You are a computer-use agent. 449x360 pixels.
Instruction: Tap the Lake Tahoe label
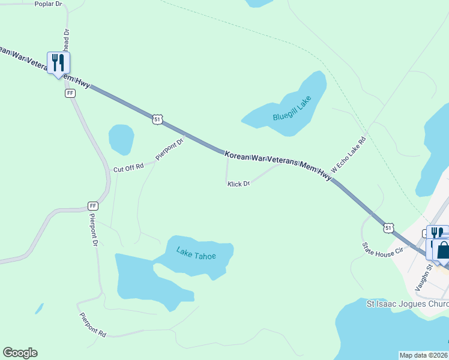[196, 253]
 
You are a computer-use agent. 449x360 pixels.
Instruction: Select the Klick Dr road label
[238, 184]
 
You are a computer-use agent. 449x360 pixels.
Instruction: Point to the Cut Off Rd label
[128, 168]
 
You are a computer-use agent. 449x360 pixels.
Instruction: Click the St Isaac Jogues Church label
[408, 304]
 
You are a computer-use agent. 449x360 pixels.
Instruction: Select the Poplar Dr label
[49, 4]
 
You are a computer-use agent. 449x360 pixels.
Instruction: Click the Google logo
[20, 353]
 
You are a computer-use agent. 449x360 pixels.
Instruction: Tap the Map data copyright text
[424, 355]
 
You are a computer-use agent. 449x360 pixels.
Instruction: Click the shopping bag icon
[443, 250]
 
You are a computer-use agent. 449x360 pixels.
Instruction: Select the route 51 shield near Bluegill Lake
[157, 119]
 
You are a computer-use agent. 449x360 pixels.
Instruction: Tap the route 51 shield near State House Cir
[389, 228]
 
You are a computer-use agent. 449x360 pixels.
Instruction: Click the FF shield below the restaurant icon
[70, 94]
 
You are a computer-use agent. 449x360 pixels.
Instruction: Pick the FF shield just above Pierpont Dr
[92, 206]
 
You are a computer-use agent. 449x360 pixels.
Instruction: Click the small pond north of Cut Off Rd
[121, 139]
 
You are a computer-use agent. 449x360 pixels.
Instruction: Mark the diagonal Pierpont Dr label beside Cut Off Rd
[169, 149]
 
